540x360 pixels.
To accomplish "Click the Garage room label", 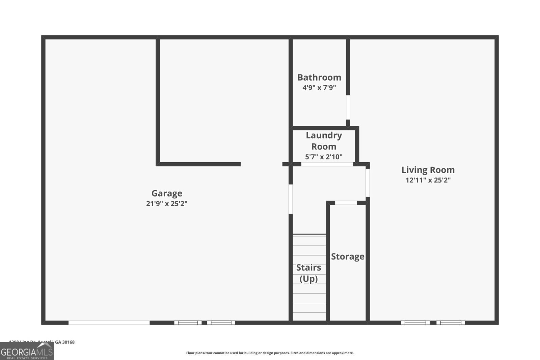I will (167, 193).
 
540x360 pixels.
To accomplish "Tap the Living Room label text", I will (428, 170).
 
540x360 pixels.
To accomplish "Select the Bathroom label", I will (319, 78).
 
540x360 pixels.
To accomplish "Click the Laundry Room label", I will (324, 141).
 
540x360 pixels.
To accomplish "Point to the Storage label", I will (348, 256).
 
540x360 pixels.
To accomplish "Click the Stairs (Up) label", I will (309, 273).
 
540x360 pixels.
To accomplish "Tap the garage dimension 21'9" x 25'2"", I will (167, 203).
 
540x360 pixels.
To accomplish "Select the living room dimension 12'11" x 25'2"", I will (428, 180).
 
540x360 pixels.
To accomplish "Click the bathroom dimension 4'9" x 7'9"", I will (319, 88).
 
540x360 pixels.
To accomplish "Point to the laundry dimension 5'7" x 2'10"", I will (324, 157).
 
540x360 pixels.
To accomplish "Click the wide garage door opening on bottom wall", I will (109, 323).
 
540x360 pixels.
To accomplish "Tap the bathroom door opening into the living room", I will (348, 107).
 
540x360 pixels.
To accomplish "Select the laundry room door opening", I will (327, 164).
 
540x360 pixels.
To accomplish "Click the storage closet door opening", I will (346, 203).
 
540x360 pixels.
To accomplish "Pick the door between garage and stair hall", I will (291, 199).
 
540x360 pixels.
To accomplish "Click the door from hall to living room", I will (368, 183).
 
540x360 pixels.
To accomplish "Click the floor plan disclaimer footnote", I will (270, 353).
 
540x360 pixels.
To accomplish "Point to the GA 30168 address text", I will (64, 342).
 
